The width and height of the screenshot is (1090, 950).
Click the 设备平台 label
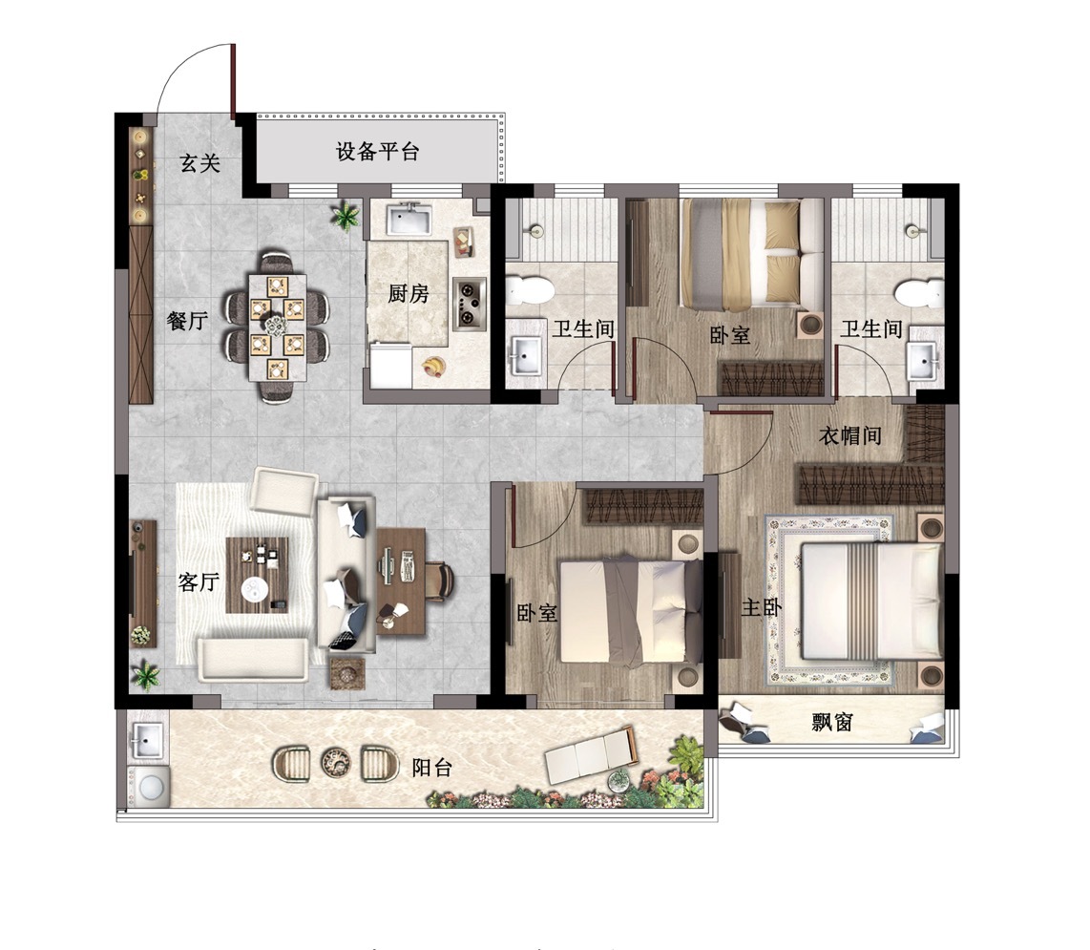click(377, 152)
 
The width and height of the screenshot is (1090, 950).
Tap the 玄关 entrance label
click(200, 163)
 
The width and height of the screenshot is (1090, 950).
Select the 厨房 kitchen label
click(409, 293)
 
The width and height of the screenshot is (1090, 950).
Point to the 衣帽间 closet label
click(849, 436)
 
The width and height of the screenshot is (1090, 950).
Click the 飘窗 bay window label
click(832, 723)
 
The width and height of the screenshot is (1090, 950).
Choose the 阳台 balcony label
click(431, 768)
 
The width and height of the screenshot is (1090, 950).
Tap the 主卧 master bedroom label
click(762, 608)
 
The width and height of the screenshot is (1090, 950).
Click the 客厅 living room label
click(199, 581)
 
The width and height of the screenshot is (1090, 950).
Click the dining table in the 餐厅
click(278, 327)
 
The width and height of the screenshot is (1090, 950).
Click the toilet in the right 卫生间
click(919, 293)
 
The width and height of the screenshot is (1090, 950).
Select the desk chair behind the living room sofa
click(440, 580)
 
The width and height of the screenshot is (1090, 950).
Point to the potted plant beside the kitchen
click(345, 215)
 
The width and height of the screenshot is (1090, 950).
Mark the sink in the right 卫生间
click(925, 361)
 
